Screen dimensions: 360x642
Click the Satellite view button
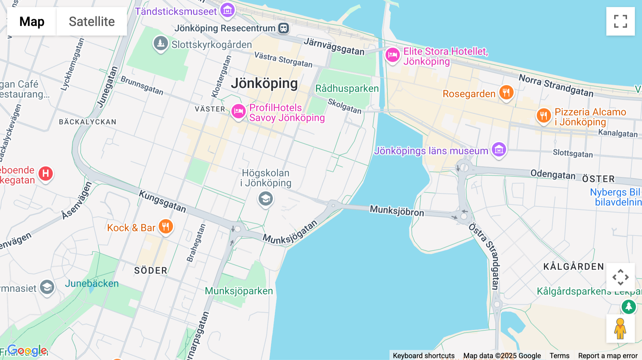click(92, 21)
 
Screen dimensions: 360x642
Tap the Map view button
click(32, 21)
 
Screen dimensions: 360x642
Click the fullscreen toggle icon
click(620, 21)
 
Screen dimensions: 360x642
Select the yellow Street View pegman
click(620, 329)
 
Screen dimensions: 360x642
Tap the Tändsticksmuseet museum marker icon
click(228, 10)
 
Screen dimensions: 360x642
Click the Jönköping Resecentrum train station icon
click(284, 28)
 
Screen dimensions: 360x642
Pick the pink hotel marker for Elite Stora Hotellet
click(392, 55)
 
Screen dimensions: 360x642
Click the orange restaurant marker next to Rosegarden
click(506, 92)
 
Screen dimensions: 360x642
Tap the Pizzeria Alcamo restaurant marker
click(544, 115)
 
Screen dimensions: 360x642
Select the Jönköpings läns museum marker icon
click(499, 149)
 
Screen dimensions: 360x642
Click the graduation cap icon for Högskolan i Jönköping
click(266, 199)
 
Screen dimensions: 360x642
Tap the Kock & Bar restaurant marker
click(165, 226)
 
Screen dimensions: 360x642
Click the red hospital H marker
click(46, 174)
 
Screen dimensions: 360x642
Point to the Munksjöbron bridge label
click(397, 210)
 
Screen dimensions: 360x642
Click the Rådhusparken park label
click(347, 88)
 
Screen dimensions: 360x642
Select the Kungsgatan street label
click(162, 201)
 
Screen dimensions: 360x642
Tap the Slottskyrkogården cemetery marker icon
click(160, 43)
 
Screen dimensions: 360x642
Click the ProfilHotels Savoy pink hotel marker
click(238, 111)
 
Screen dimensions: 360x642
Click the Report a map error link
click(607, 355)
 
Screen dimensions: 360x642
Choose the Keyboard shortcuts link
click(423, 355)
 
